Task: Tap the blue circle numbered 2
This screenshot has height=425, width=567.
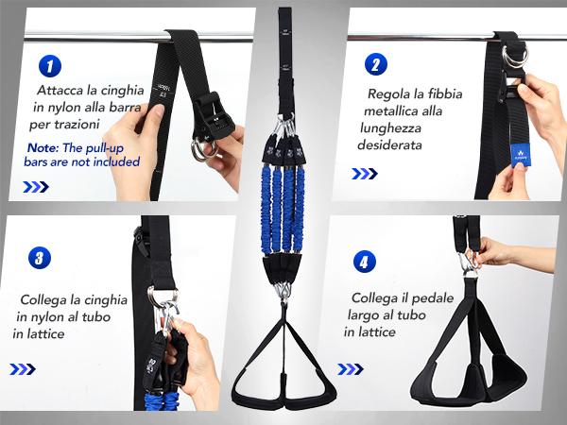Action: pos(375,65)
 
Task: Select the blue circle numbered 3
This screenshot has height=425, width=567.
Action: pos(38,257)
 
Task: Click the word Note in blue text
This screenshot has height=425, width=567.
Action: pos(42,147)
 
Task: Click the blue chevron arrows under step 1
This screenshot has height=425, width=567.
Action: pos(35,186)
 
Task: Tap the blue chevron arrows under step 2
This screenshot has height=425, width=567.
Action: pos(364,174)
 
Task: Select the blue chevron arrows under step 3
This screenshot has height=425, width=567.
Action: pos(24,369)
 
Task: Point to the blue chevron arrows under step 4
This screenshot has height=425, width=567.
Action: pos(351,368)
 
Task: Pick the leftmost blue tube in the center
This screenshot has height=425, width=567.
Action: pos(266,199)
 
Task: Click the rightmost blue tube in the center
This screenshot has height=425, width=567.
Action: pos(300,199)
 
